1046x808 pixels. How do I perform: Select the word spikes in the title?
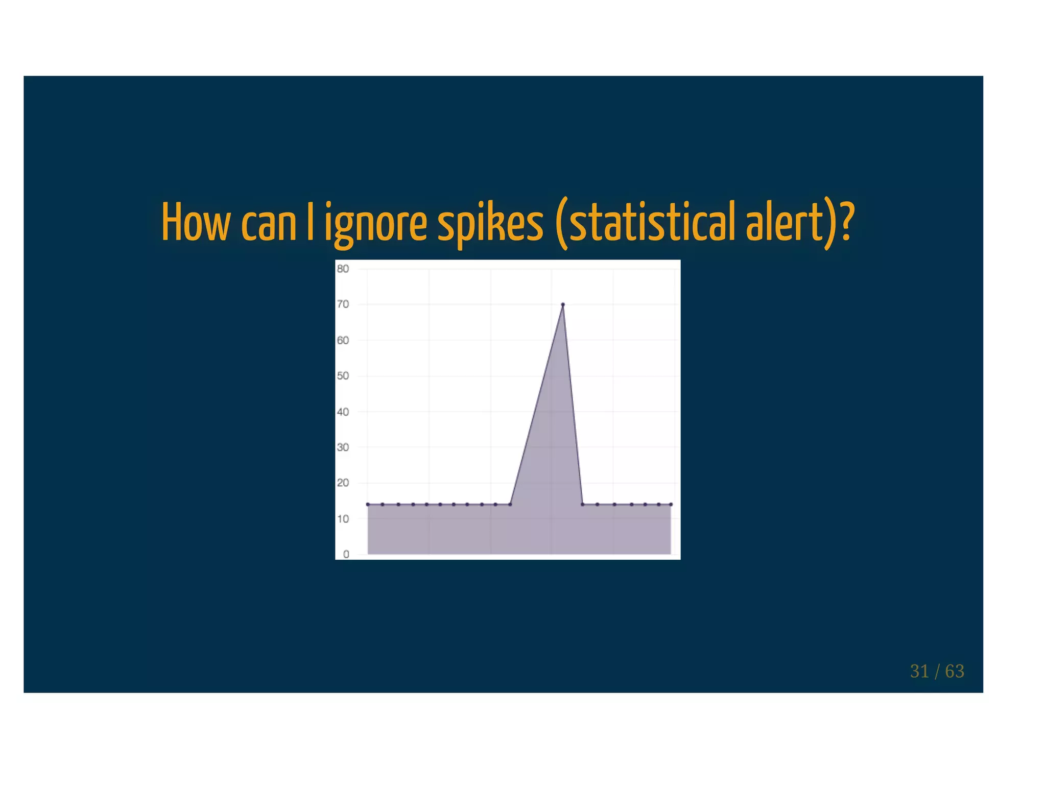coord(490,224)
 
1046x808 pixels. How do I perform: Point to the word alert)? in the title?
coord(799,224)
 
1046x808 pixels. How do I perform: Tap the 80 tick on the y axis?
coord(343,269)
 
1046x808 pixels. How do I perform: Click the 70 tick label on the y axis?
coord(343,304)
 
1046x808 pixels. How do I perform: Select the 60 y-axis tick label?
coord(343,340)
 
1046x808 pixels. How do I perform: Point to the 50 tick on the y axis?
coord(343,376)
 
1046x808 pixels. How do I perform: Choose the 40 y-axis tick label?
coord(343,412)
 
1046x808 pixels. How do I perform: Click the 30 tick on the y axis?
coord(343,447)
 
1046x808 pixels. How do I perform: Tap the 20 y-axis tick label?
coord(343,483)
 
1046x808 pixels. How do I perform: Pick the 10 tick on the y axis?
coord(343,519)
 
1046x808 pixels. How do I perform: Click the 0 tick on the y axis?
coord(346,554)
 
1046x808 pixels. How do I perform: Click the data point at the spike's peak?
coord(562,304)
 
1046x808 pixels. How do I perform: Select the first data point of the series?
coord(368,505)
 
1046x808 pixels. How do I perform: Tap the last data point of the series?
coord(671,505)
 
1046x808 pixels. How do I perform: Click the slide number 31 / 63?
coord(937,671)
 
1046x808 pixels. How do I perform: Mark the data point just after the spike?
coord(582,505)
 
